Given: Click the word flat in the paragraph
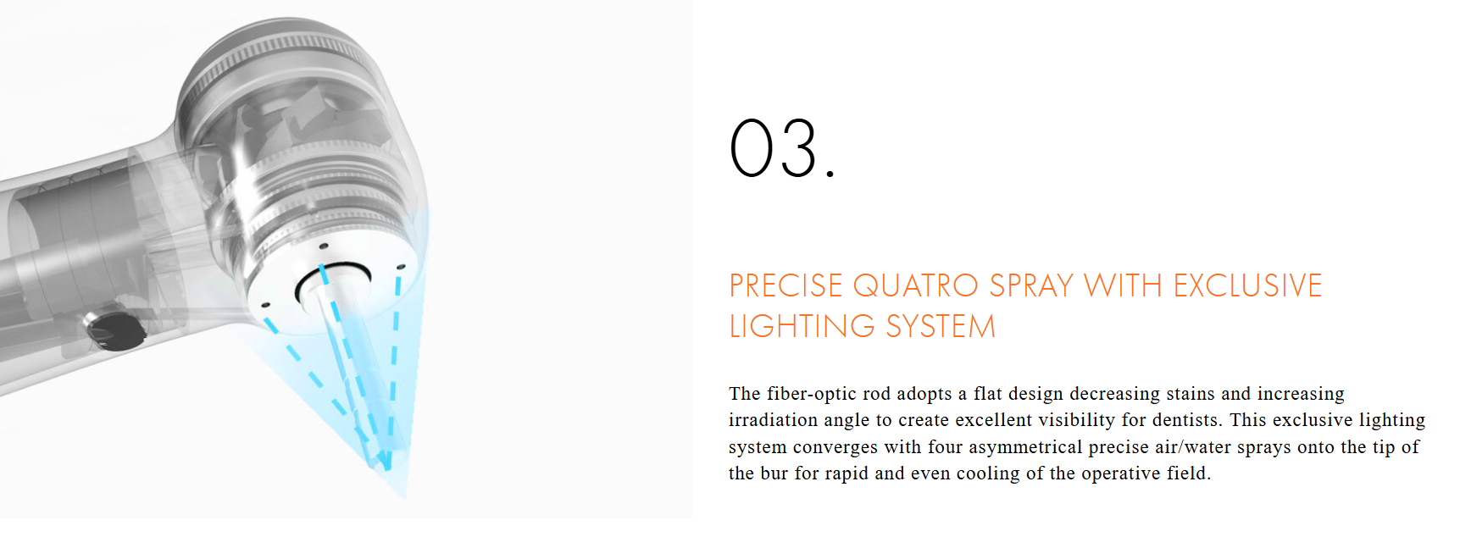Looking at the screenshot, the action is pyautogui.click(x=988, y=394).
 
